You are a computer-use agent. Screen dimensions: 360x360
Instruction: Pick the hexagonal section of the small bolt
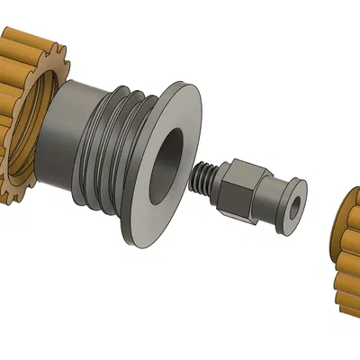(240, 189)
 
